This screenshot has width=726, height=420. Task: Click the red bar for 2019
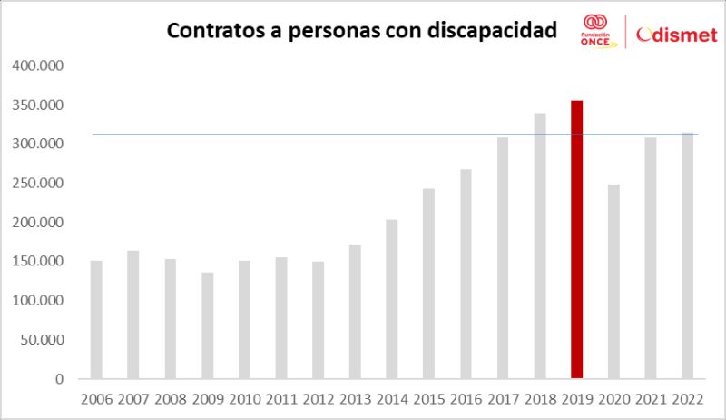[x=576, y=239]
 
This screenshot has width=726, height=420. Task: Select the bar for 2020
[x=613, y=282]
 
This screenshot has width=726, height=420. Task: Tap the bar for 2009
[x=207, y=325]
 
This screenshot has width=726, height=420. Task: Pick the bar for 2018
[x=540, y=245]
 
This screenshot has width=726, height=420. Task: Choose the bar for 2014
[x=391, y=299]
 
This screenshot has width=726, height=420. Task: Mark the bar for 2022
[x=688, y=255]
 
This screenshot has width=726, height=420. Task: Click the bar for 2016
[x=466, y=274]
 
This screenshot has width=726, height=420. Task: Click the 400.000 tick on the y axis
[x=38, y=66]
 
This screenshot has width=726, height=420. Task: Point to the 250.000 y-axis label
[x=38, y=184]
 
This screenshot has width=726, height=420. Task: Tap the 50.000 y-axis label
[x=42, y=340]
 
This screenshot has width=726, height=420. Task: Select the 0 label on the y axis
[x=59, y=379]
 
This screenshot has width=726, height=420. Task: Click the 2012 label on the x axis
[x=319, y=398]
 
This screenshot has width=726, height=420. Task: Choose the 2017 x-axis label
[x=503, y=398]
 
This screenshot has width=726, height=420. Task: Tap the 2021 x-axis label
[x=651, y=398]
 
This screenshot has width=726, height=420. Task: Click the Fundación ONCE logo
[x=595, y=32]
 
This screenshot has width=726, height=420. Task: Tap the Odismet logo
[x=677, y=35]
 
